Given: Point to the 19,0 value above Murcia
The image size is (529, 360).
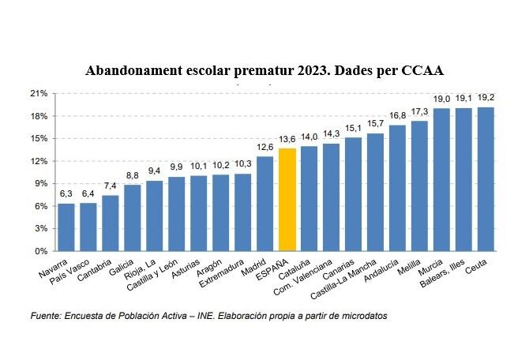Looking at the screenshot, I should coord(442,99).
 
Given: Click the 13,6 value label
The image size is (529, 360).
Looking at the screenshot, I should coord(287,139).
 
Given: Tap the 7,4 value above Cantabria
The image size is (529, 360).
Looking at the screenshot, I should coord(111,186).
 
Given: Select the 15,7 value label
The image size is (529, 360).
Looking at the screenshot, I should coord(376,123).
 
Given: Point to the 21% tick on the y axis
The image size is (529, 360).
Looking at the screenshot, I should coord(39,93).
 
